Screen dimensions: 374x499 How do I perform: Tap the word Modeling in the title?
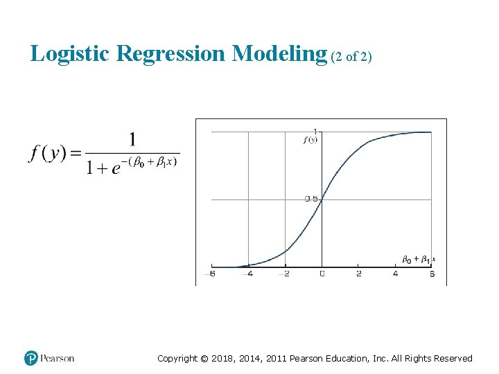pos(279,53)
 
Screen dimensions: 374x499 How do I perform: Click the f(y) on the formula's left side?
pos(47,153)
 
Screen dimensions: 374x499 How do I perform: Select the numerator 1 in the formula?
pos(132,140)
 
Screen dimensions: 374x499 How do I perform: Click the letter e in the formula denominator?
pos(115,167)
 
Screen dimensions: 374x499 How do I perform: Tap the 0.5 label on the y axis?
pos(311,199)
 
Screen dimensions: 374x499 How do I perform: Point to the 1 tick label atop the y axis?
pos(315,132)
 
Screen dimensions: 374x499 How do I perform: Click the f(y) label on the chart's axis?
pos(310,140)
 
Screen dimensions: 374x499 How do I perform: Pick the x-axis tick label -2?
pos(284,274)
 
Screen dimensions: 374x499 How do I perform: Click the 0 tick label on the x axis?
pos(322,274)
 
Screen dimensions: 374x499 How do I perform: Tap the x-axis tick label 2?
pos(358,274)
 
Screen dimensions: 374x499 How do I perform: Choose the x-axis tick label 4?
pos(395,274)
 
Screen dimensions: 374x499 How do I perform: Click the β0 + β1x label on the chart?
pos(418,260)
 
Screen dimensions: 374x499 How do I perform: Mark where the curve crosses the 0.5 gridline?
pos(322,199)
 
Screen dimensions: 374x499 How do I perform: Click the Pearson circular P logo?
pos(31,358)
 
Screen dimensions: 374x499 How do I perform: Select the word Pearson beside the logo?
pos(58,358)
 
